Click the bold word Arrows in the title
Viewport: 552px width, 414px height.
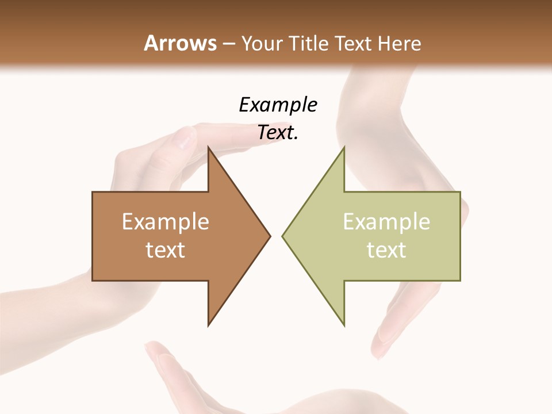(180, 43)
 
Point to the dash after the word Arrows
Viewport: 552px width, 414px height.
(228, 44)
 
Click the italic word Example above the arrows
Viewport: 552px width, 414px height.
(278, 105)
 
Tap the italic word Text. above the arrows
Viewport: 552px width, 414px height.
(278, 133)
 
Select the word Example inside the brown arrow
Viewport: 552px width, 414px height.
(166, 222)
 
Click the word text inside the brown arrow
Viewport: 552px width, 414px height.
(166, 250)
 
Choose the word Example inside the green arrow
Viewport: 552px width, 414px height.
(386, 222)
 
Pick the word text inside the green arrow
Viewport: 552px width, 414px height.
(386, 250)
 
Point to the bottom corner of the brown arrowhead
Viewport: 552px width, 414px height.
(209, 325)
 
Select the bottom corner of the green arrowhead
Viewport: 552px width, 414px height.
(344, 325)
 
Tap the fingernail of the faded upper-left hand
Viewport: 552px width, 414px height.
(185, 136)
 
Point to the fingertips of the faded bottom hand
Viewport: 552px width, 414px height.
(156, 351)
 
